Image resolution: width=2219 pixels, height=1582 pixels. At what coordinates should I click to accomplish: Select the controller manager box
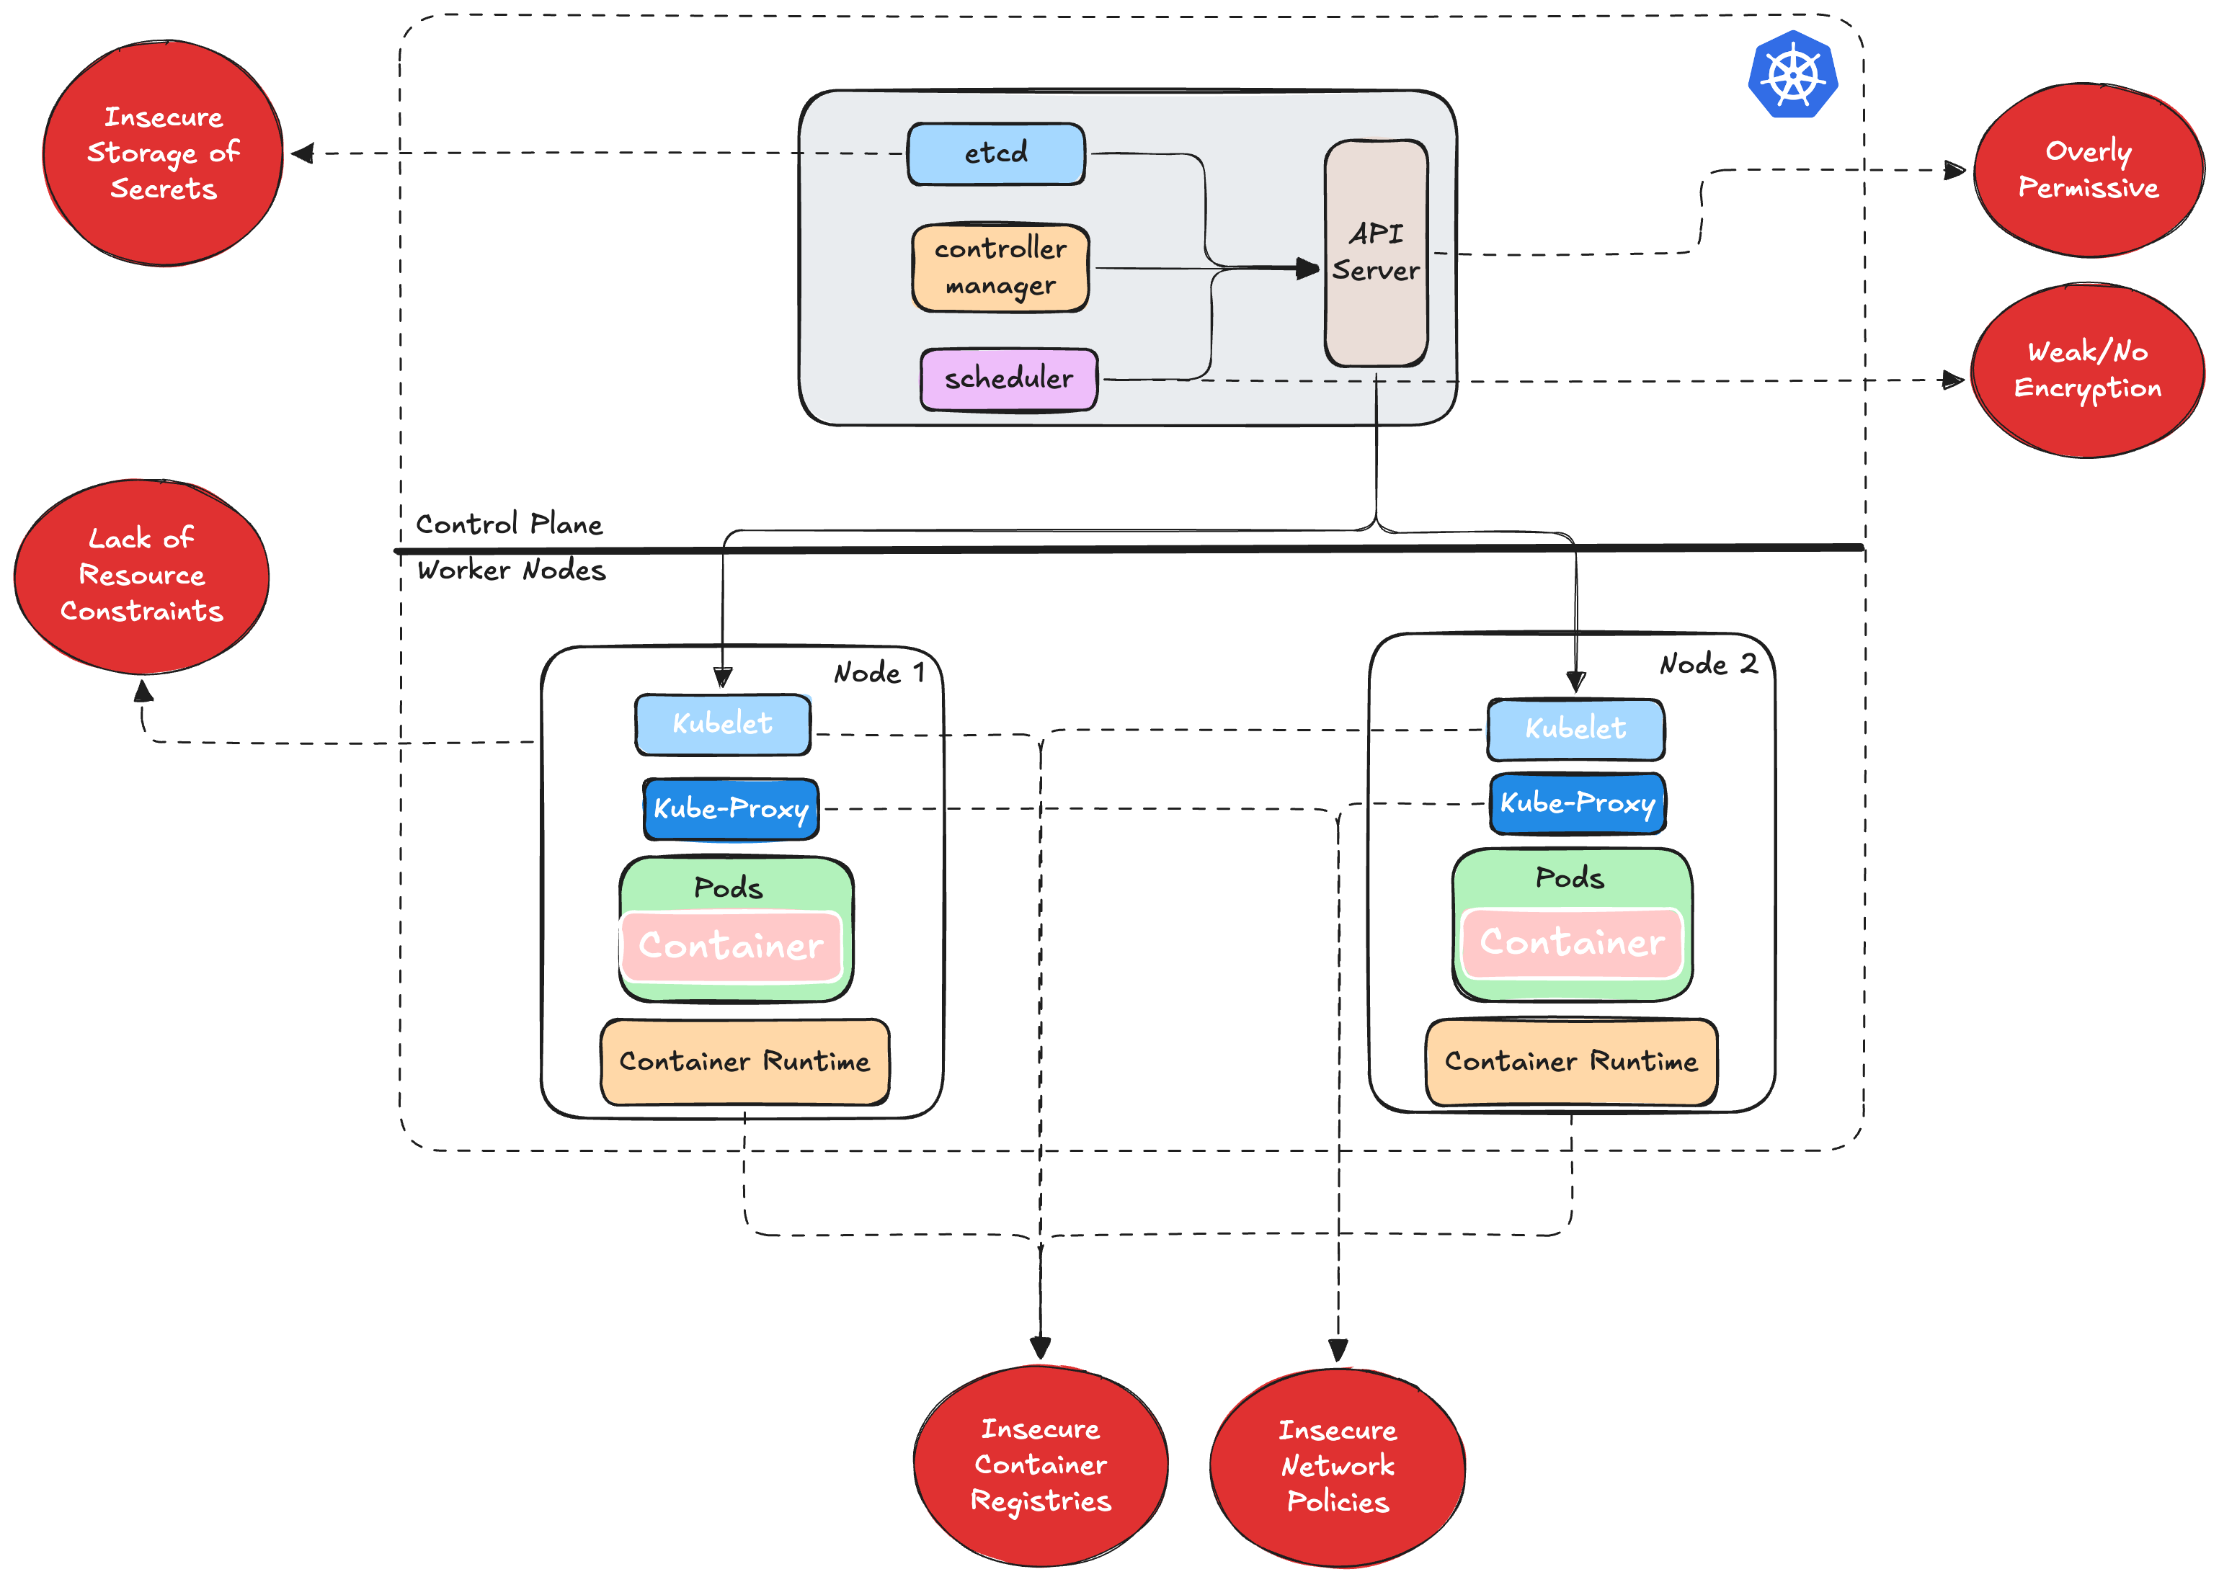click(1000, 268)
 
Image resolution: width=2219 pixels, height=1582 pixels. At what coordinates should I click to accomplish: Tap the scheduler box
click(1009, 379)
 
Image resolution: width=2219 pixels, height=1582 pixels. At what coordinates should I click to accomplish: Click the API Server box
click(1375, 254)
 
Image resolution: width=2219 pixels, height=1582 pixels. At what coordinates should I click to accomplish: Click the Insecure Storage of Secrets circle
click(163, 153)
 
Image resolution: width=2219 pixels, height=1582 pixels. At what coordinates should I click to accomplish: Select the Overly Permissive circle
click(2087, 171)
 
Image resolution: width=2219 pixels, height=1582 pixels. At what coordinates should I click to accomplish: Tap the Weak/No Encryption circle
click(2086, 371)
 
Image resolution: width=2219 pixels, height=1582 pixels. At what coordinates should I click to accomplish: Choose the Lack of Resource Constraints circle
click(141, 576)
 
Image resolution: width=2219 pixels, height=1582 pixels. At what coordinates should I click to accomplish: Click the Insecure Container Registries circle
click(1040, 1465)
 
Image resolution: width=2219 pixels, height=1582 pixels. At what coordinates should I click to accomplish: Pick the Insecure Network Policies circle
click(1337, 1467)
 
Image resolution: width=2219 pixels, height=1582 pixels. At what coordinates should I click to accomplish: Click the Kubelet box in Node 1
click(722, 724)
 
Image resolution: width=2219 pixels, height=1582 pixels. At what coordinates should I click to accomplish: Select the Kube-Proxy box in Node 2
click(1576, 804)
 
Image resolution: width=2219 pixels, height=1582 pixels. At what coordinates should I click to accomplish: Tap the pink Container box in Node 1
click(731, 946)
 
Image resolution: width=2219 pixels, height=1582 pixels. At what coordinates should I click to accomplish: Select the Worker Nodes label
click(511, 570)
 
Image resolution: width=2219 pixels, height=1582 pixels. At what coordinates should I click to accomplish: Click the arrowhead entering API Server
click(1309, 268)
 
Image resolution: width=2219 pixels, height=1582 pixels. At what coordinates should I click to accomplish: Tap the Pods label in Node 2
click(1569, 877)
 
